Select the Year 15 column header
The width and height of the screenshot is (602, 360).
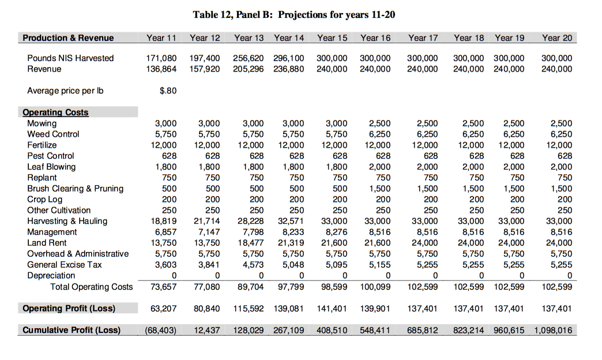tap(332, 38)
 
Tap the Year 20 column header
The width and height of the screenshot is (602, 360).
tap(557, 38)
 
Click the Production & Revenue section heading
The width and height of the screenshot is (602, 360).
tap(68, 38)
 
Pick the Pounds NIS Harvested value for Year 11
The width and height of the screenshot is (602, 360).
tap(162, 58)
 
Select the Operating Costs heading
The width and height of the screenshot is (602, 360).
tap(55, 112)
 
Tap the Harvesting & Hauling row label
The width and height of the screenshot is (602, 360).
tap(67, 221)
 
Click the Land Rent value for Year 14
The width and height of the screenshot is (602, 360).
tap(291, 243)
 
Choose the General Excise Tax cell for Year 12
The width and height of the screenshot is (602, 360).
tap(209, 265)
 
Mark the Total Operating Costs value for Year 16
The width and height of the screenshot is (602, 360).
tap(375, 287)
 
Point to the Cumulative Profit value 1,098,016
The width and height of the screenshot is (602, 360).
tap(553, 331)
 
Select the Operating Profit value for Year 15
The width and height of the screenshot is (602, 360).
tap(332, 309)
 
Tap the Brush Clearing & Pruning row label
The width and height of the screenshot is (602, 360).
tap(75, 189)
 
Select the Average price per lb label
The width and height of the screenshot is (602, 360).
tap(65, 91)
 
